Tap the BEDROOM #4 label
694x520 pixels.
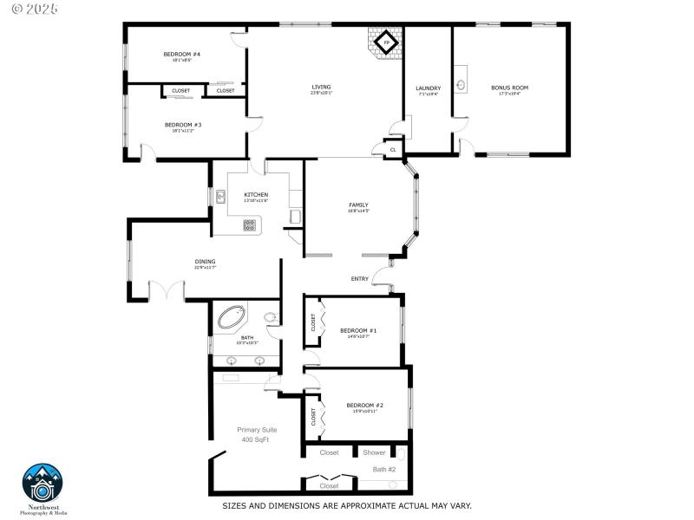pos(182,55)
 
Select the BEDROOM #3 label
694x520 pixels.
pos(183,125)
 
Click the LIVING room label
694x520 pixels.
pos(322,87)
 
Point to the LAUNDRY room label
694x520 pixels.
pos(428,88)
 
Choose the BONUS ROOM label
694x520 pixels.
pos(509,88)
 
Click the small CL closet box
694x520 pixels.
pos(393,150)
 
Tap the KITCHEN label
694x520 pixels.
pos(256,194)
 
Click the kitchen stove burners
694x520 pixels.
pos(250,225)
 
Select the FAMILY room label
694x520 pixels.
pos(358,205)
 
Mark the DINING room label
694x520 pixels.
pos(205,261)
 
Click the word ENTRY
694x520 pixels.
pos(360,278)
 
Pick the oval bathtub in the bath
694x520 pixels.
pos(232,316)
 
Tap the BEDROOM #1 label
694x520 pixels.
pos(358,330)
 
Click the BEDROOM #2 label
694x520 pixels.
pos(364,405)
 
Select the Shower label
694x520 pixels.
pos(374,452)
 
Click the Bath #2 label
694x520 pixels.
pos(384,469)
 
